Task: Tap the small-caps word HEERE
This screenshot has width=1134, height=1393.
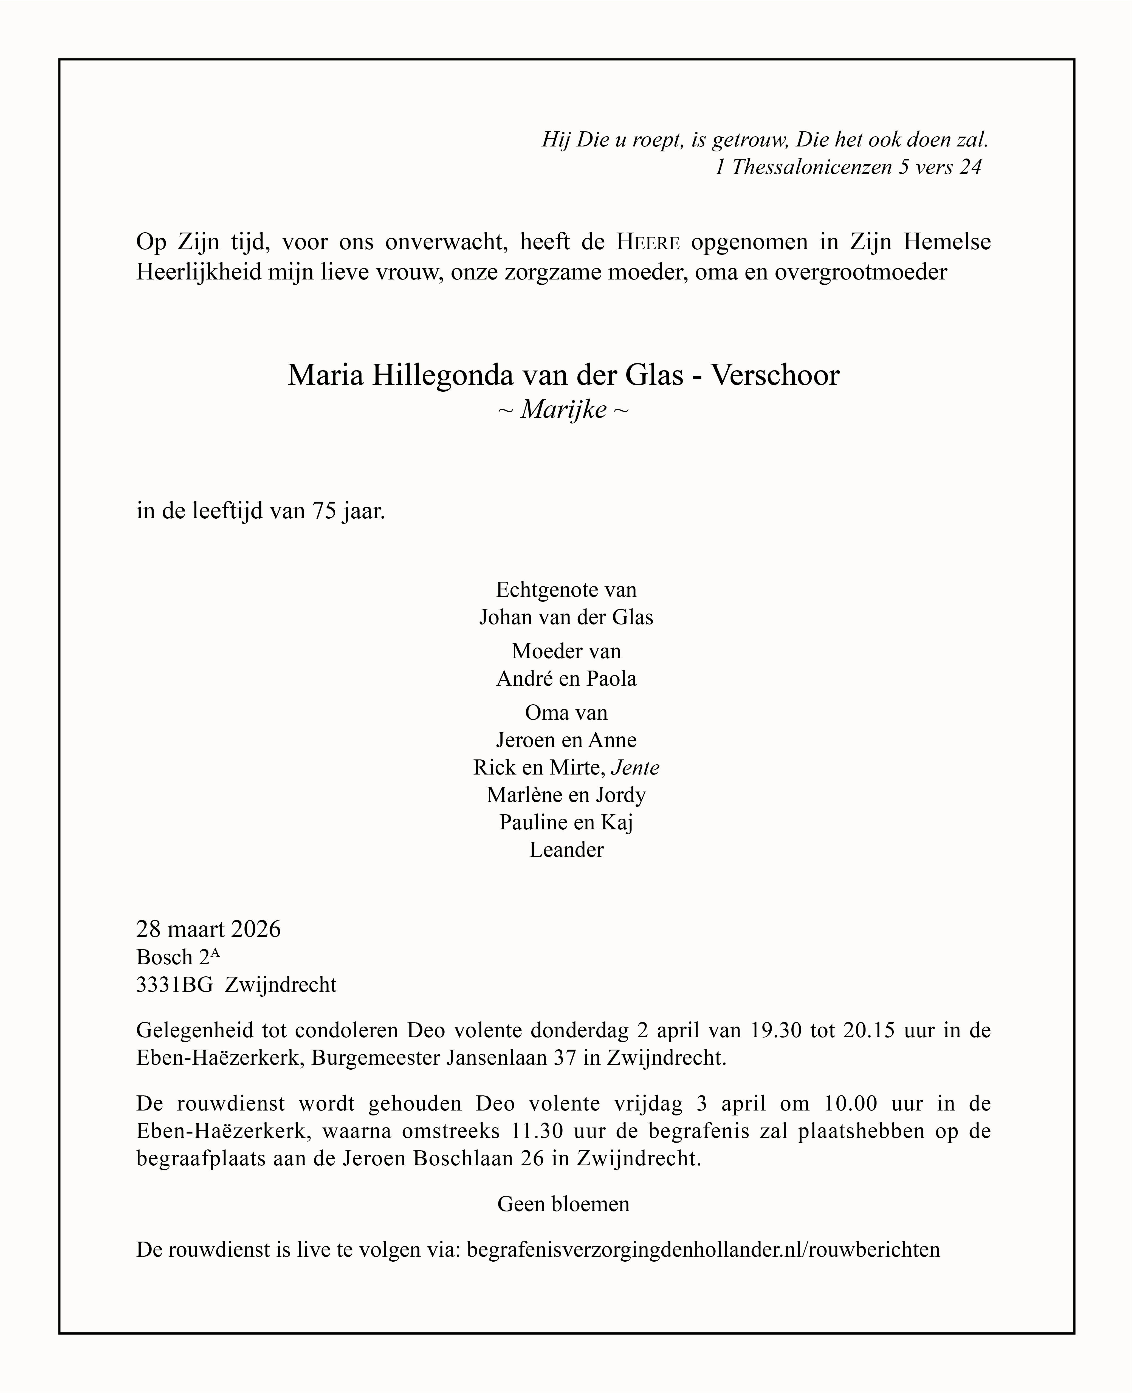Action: tap(649, 242)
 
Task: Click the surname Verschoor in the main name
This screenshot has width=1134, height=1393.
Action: tap(775, 375)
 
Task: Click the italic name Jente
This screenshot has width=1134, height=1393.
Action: tap(635, 767)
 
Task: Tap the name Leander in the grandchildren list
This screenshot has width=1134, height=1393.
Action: tap(566, 850)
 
